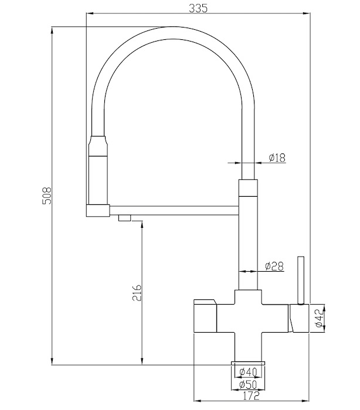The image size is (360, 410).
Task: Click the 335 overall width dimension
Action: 198,8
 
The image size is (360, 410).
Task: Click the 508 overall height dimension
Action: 47,196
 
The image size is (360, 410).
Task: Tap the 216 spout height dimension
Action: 137,293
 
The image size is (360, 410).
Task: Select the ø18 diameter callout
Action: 277,158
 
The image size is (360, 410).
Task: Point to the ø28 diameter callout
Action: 274,266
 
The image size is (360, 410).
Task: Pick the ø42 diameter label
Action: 320,318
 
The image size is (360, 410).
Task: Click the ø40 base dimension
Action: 249,371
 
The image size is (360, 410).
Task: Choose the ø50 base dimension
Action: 249,384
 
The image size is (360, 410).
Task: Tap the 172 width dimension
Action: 251,395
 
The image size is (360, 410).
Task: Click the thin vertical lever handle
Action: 301,281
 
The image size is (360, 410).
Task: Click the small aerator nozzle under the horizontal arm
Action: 124,217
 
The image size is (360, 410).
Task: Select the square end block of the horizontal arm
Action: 98,210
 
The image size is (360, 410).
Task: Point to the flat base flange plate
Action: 248,363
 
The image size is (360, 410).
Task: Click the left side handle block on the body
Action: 205,316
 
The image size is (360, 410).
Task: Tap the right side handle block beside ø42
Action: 299,318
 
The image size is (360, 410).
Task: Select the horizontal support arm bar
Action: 174,210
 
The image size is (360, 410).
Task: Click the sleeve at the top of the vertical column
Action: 248,188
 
